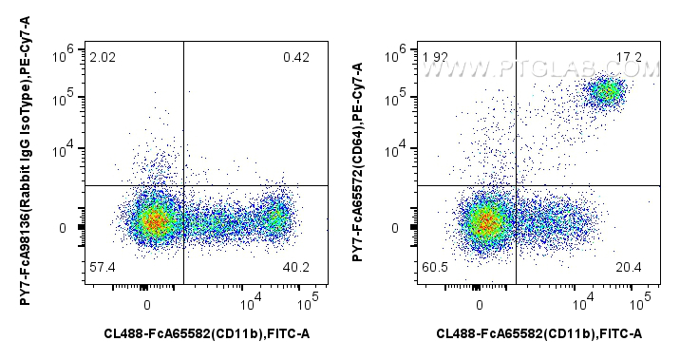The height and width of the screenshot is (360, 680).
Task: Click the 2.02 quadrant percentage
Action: coord(102,58)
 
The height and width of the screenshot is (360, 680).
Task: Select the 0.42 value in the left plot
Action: coord(295,58)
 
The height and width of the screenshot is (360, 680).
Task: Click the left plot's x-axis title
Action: coord(207,333)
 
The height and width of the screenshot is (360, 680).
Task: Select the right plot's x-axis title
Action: coord(539,333)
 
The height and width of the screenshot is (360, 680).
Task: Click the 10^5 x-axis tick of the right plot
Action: coord(641,302)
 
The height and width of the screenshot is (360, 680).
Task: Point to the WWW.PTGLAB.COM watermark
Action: coord(565,68)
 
